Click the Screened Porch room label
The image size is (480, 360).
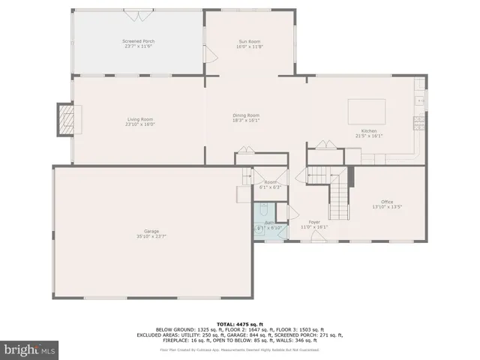(137, 40)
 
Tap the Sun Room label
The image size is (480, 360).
(251, 40)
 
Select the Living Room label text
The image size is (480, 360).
(139, 119)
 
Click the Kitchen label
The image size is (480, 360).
(368, 131)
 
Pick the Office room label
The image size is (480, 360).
(387, 202)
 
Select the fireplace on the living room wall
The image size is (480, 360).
(68, 118)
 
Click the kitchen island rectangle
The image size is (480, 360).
(366, 112)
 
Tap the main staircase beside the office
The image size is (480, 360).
(340, 196)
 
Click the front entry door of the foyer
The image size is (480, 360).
(318, 238)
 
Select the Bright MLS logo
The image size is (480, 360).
(29, 349)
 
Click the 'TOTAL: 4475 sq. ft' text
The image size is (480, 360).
(239, 324)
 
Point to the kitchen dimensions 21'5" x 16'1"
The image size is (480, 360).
(368, 136)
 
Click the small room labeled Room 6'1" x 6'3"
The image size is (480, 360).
(270, 184)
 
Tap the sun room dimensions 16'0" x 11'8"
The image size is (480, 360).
(251, 46)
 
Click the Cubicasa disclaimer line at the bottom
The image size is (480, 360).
(239, 349)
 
